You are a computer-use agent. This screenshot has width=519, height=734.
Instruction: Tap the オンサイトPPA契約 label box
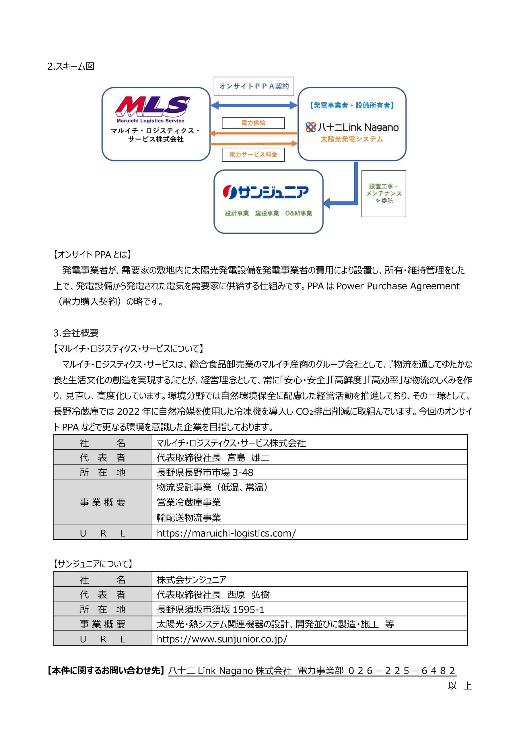[254, 86]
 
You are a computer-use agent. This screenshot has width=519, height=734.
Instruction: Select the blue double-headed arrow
[254, 105]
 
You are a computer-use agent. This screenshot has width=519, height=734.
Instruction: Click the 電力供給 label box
[253, 123]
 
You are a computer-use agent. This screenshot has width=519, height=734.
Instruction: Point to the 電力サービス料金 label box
[253, 155]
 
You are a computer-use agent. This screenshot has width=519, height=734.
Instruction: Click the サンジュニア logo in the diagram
[266, 192]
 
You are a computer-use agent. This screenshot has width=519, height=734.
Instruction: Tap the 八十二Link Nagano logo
[352, 128]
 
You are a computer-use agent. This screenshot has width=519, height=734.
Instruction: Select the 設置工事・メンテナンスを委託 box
[384, 194]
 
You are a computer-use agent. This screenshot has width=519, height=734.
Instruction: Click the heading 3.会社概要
[76, 333]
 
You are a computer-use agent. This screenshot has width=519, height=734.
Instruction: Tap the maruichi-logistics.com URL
[226, 533]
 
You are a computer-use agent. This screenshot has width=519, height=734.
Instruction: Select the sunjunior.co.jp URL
[222, 639]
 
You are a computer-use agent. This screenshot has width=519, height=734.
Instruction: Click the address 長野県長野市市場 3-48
[205, 473]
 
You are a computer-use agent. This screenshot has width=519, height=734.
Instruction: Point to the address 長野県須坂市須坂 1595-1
[210, 610]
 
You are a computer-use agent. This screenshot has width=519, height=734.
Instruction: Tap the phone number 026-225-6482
[402, 671]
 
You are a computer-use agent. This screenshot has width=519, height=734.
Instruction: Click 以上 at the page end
[460, 686]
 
